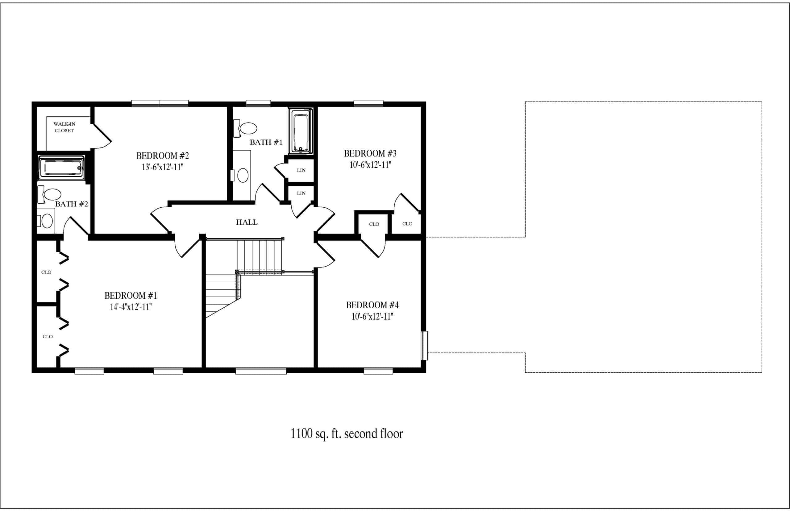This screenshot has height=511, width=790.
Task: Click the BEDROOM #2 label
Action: point(163,156)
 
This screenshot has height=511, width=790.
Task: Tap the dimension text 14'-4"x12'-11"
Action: point(131,307)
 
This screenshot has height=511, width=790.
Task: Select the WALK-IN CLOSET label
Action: point(64,127)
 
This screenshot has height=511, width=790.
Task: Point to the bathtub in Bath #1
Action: point(301,131)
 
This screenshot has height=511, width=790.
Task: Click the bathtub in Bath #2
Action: point(61,168)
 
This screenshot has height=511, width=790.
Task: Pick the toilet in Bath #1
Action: point(245,128)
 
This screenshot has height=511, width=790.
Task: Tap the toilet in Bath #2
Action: point(49,194)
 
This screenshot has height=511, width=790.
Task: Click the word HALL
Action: point(247,222)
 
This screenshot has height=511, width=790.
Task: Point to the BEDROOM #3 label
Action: point(370,154)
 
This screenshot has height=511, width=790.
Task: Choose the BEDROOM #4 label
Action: point(372,305)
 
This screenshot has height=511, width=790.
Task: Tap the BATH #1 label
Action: point(266,142)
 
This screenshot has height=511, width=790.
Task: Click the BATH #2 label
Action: point(72,204)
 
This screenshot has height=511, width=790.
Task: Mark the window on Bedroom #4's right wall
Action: point(424,345)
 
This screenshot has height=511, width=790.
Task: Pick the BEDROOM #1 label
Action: point(131,296)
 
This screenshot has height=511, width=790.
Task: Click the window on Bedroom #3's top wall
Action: point(368,103)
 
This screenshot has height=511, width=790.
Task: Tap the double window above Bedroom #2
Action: point(160,103)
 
